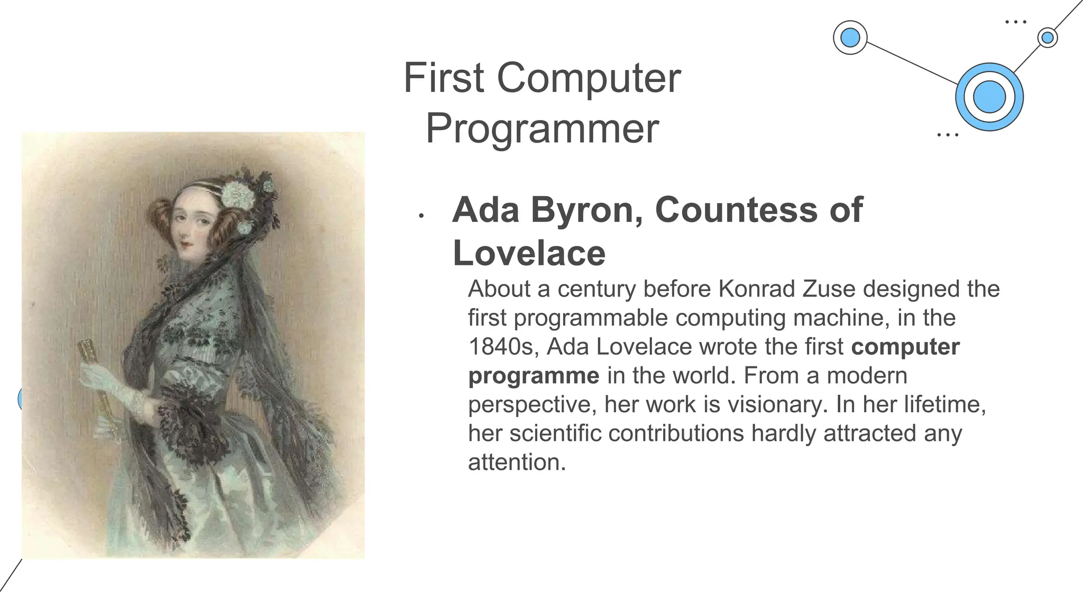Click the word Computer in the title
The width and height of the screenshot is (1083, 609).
pos(589,78)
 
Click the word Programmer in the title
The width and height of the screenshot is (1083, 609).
pos(542,128)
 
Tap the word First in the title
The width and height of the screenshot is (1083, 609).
pos(443,78)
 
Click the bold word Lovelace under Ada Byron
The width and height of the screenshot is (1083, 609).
pos(529,253)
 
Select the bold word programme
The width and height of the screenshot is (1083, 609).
pos(534,376)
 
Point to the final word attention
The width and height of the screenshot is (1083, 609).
pos(517,462)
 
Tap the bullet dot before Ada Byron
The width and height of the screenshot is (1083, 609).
pos(421,216)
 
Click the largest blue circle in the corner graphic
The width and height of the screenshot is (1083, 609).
pos(989,97)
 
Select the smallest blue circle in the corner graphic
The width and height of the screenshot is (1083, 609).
pos(1047,38)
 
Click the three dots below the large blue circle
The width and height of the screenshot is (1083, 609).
pos(947,135)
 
